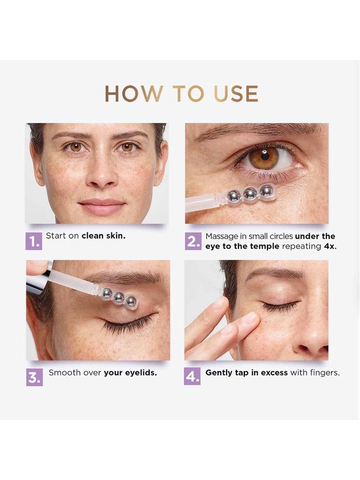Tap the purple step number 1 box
(34, 241)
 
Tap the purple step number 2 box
(193, 241)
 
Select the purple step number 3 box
(34, 377)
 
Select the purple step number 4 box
(192, 376)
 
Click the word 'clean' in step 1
(92, 236)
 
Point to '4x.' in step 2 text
(330, 246)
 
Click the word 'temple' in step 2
(264, 246)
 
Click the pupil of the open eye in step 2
(265, 156)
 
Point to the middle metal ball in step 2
(250, 193)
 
